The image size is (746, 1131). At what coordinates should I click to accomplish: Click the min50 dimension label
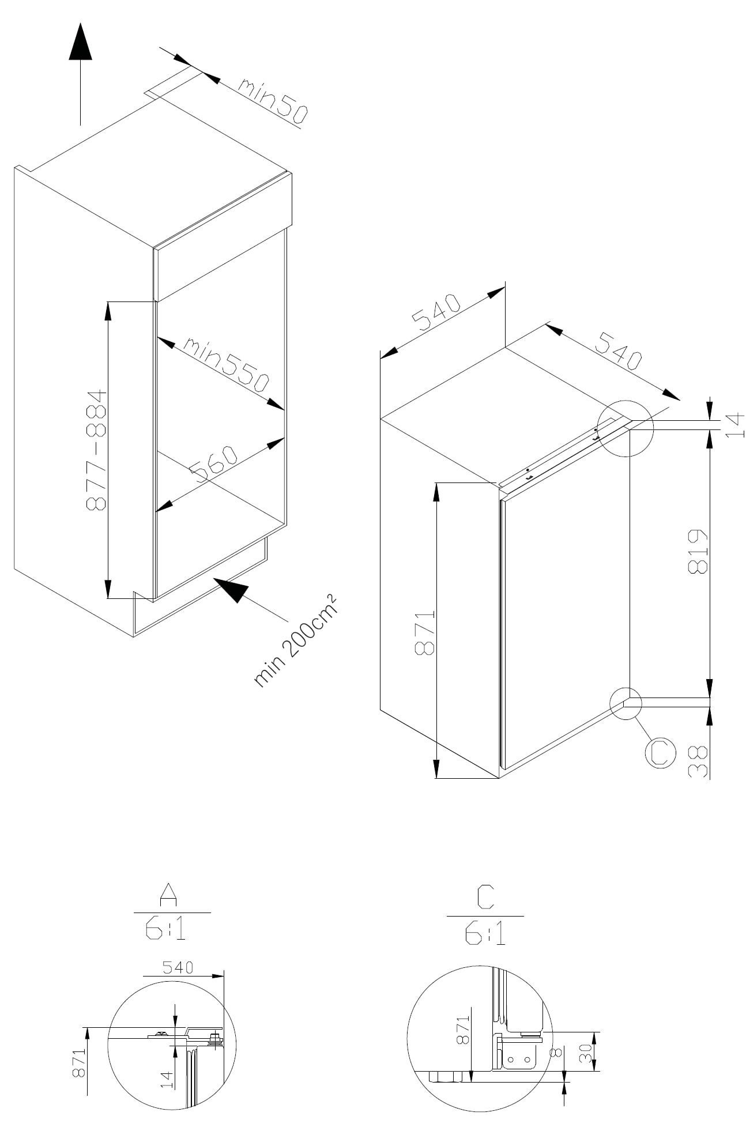(273, 101)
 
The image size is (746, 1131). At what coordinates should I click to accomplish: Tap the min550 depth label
(227, 364)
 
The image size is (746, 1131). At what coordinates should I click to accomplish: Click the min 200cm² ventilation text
(295, 640)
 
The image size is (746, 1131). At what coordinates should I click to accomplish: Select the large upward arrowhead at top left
(80, 43)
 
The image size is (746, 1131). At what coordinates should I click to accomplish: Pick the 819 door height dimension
(698, 552)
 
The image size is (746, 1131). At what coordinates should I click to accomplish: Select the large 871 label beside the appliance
(425, 632)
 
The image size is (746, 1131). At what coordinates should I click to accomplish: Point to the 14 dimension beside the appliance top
(736, 425)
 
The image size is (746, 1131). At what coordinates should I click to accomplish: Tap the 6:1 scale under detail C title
(485, 934)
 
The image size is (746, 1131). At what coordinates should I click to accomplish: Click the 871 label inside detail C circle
(463, 1031)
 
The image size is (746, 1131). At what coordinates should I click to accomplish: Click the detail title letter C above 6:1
(485, 897)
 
